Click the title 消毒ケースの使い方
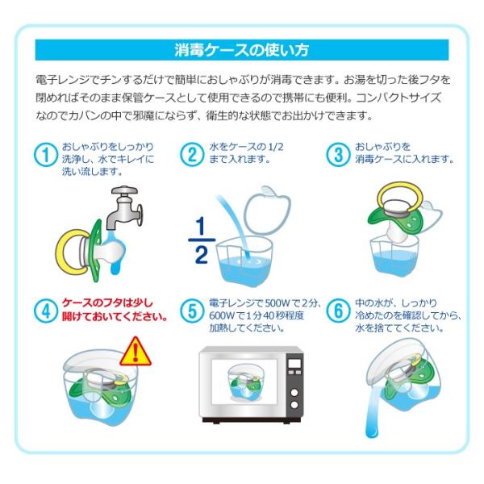click(242, 50)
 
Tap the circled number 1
click(47, 154)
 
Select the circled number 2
click(190, 154)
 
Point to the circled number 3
click(338, 154)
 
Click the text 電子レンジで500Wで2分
click(264, 303)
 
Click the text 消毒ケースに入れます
click(404, 161)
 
